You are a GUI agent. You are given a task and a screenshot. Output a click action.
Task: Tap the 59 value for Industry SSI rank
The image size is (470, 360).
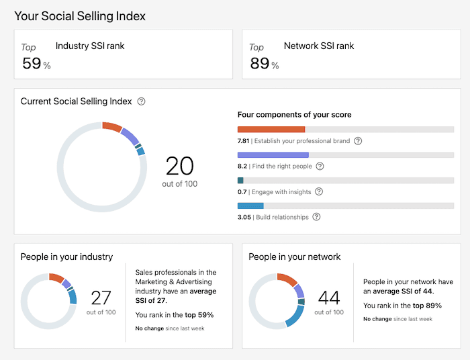32,63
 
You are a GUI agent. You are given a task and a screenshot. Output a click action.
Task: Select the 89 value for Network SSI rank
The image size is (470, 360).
259,63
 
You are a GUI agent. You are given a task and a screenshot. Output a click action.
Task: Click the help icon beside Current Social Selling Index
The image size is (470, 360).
141,101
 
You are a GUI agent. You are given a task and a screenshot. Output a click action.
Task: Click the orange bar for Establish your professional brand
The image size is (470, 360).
271,129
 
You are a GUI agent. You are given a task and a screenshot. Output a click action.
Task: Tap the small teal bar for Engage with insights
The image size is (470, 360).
240,180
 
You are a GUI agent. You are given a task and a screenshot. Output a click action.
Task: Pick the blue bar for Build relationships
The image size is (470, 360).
250,206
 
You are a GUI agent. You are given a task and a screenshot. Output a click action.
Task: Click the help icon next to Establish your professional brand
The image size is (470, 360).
358,141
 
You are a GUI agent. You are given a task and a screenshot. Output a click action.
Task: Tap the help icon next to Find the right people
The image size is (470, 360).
320,166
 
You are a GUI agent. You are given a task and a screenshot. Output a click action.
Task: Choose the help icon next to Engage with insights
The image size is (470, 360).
318,191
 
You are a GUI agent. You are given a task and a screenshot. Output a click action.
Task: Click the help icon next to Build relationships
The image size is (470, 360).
316,217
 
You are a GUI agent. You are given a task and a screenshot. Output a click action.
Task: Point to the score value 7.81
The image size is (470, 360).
243,141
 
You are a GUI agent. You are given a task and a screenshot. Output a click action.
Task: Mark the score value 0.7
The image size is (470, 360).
242,191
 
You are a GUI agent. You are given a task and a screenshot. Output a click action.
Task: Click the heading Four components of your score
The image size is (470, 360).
294,115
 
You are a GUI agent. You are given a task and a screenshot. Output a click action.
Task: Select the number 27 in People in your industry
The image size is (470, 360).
101,298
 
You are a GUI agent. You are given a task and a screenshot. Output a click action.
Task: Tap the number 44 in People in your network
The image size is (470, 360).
329,298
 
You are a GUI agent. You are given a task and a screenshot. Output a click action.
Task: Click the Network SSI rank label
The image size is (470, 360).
319,46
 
